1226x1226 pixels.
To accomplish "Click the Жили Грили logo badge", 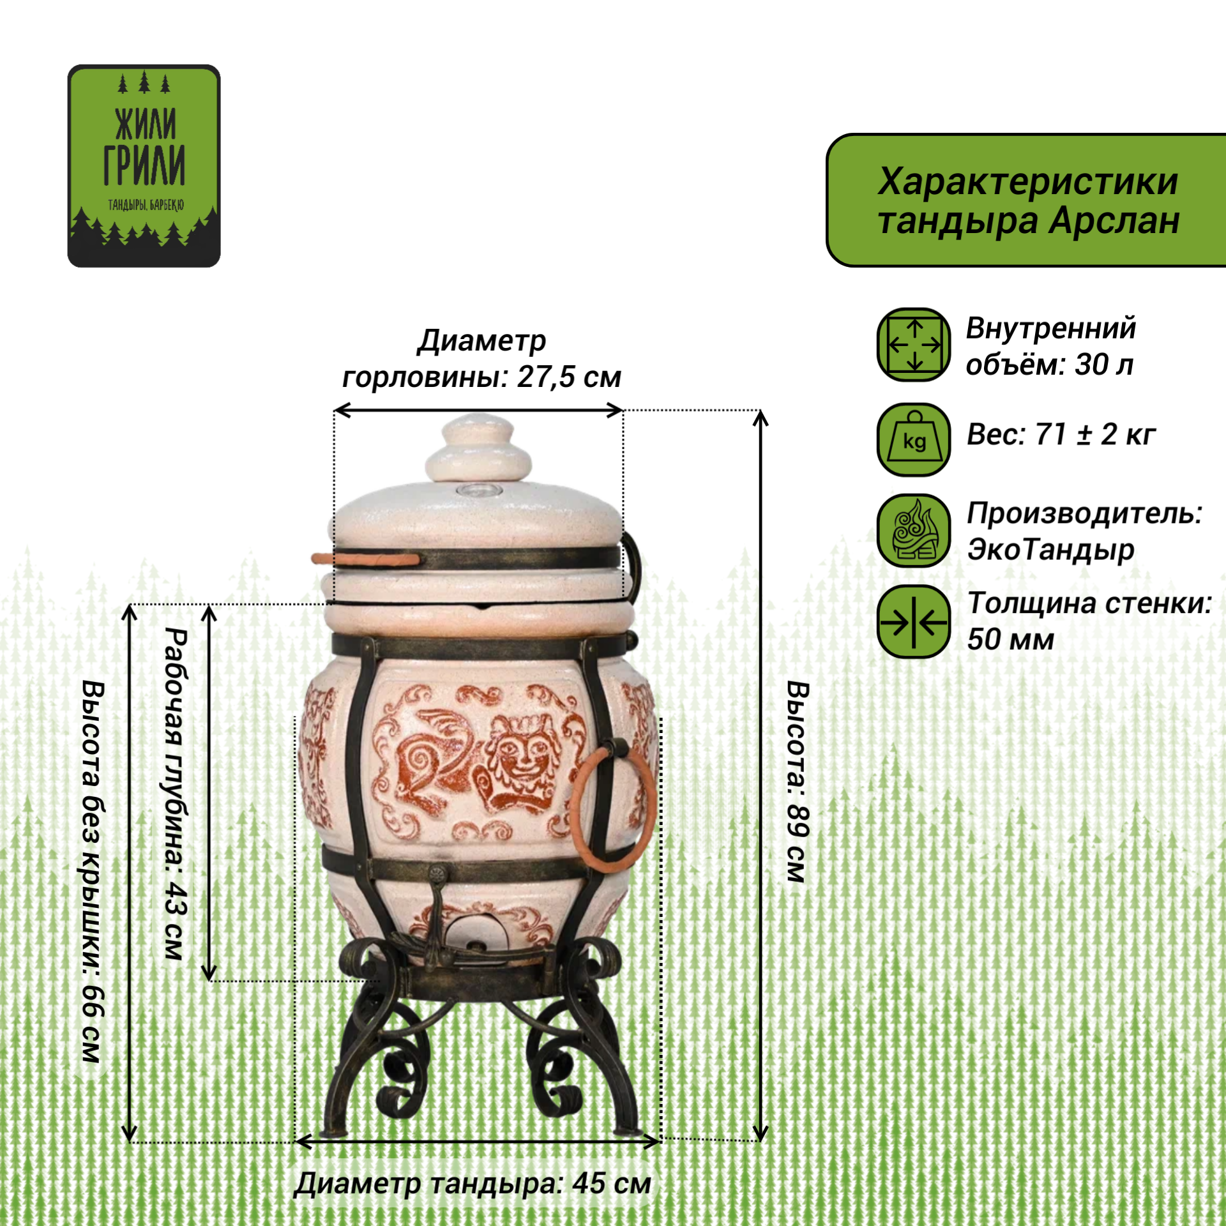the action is point(144,165).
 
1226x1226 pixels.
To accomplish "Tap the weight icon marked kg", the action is point(914,439).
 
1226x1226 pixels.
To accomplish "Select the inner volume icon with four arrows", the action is point(914,345).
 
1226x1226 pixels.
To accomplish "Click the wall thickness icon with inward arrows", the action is point(914,621).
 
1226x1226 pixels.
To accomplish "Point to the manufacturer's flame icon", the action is point(914,531).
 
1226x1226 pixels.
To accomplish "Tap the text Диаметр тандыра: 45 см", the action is point(473,1183).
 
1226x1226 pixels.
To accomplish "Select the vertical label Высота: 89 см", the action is point(798,782).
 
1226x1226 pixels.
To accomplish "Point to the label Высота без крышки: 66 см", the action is point(93,872).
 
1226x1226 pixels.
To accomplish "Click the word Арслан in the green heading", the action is point(1114,221).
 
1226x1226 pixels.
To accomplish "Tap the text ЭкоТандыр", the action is point(1050,549).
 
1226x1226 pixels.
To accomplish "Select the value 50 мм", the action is point(1010,639).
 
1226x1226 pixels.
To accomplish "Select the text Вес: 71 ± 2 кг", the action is point(1061,435).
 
